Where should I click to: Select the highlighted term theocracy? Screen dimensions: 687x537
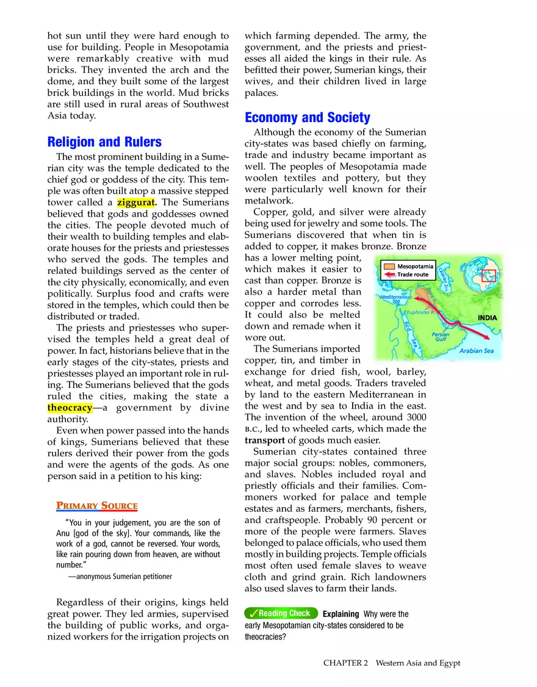[x=70, y=407]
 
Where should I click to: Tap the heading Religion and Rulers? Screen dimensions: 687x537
[x=104, y=142]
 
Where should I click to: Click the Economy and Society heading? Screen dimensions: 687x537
[x=307, y=118]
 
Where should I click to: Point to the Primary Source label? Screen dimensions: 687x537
[x=97, y=506]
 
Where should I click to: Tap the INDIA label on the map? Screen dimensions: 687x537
[x=487, y=318]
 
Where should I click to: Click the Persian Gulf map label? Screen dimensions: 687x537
[x=441, y=337]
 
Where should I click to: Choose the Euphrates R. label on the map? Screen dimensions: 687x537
[x=420, y=312]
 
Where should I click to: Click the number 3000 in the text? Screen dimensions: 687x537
[x=413, y=417]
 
